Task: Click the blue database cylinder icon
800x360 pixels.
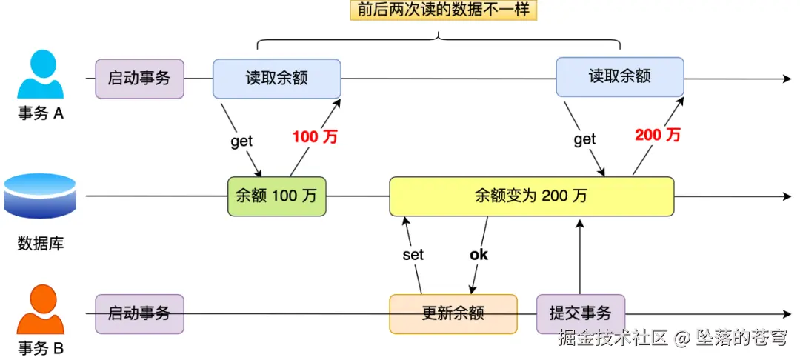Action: [x=40, y=196]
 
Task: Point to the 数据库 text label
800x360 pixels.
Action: [x=41, y=243]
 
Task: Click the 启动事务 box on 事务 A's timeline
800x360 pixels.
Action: [x=139, y=79]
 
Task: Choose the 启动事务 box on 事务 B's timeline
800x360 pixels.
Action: [x=139, y=313]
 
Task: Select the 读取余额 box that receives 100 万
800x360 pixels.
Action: [x=276, y=79]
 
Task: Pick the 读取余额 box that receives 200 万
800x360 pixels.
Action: [x=619, y=77]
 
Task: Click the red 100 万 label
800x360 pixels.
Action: [x=315, y=136]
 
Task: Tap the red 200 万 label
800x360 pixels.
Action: [x=658, y=135]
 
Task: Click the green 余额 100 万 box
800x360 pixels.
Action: [x=276, y=196]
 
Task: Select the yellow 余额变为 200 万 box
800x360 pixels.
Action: [x=531, y=196]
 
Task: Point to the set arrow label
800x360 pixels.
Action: [x=413, y=255]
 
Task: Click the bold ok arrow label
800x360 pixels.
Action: [x=479, y=255]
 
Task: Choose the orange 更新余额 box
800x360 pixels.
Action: [x=453, y=313]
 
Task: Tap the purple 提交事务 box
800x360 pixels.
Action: [x=580, y=313]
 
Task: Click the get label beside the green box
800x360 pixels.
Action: [x=241, y=141]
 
